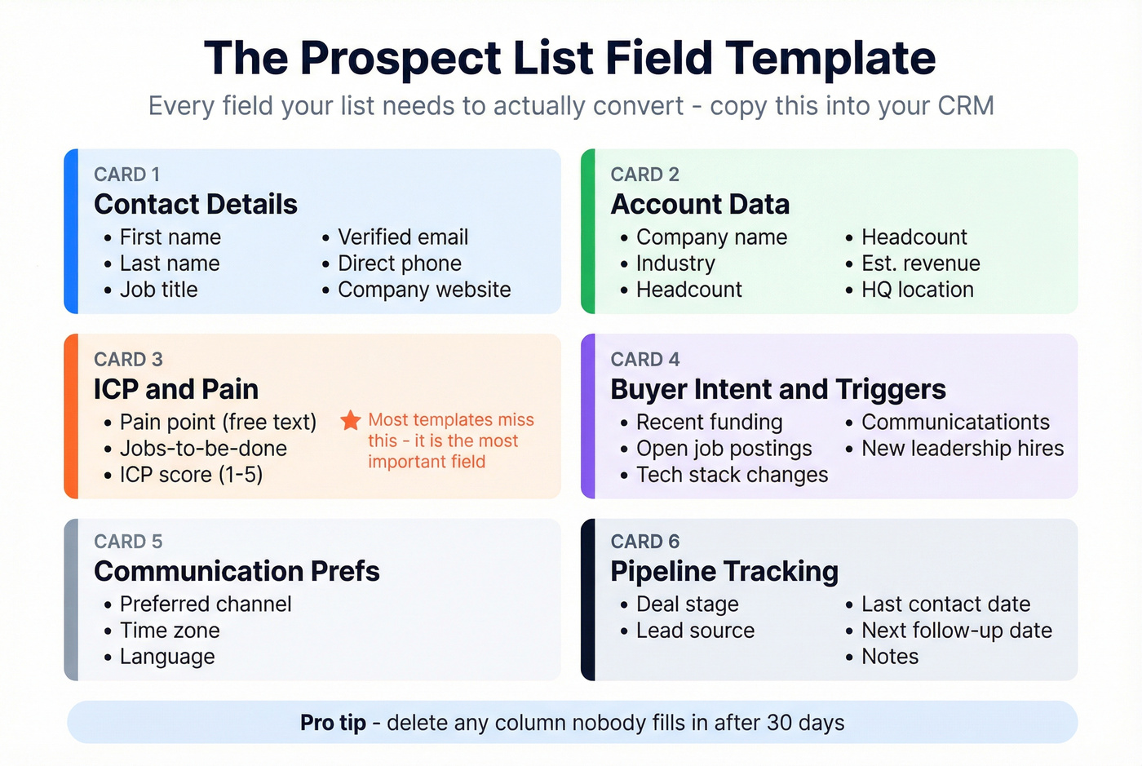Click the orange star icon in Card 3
351,420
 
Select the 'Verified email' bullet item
403,237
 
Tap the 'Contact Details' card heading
196,204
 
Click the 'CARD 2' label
644,175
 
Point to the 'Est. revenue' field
921,263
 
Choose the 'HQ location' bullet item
918,290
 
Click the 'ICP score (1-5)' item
191,475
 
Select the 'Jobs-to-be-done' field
203,449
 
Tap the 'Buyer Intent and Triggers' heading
778,389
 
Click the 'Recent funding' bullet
709,423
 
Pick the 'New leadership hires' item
963,449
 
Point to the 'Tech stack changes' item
732,475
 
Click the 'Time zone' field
170,631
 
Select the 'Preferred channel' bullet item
206,604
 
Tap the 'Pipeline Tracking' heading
724,571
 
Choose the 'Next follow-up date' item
957,631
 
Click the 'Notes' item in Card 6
890,657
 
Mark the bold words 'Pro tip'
333,723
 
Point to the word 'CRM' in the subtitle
966,106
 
